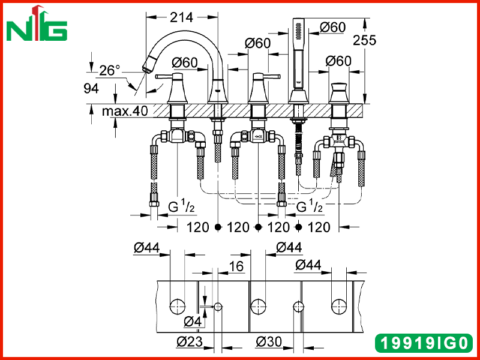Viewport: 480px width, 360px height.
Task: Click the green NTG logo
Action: (x=37, y=24)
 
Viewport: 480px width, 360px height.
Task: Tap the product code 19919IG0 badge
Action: (x=424, y=343)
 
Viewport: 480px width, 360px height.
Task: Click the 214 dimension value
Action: (x=182, y=17)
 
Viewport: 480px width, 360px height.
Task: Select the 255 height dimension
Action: (x=364, y=40)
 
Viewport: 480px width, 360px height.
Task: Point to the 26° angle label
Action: (x=110, y=70)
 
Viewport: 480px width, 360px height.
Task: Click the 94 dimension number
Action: (x=91, y=88)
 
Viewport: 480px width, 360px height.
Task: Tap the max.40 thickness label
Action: (x=125, y=111)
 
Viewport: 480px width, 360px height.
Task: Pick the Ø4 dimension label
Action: (x=193, y=322)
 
